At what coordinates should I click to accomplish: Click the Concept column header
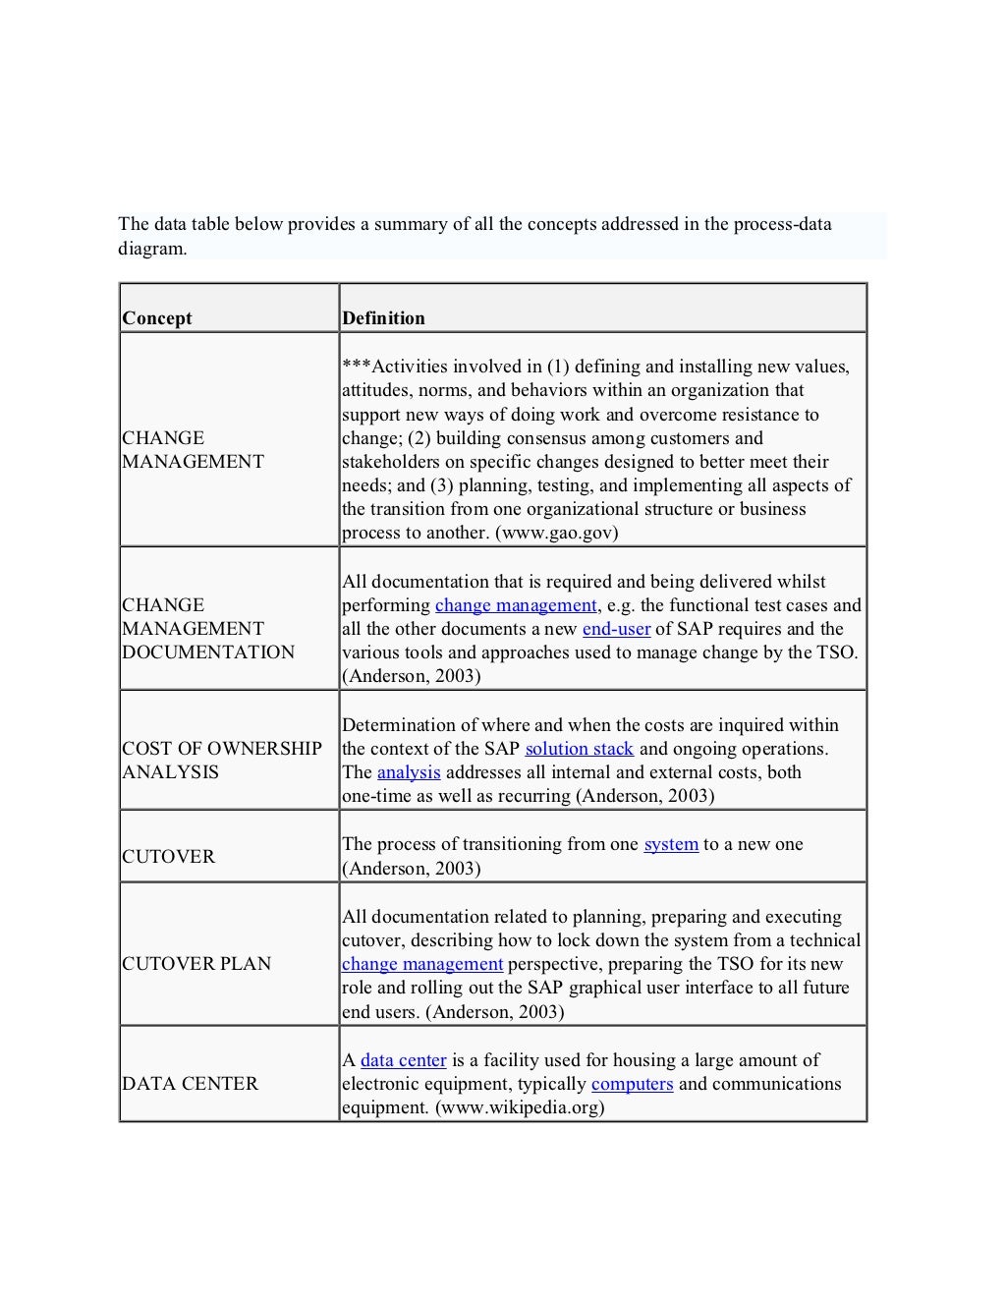tap(157, 318)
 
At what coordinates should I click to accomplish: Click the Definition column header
tap(383, 318)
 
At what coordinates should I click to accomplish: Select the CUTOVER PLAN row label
tap(196, 964)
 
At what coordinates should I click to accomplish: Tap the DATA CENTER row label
tap(190, 1084)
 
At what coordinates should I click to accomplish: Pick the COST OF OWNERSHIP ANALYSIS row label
tap(222, 761)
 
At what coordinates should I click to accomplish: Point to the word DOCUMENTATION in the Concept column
tap(208, 652)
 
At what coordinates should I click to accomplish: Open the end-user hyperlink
tap(616, 629)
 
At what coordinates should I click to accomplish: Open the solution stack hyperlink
tap(579, 749)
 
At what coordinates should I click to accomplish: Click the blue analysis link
tap(409, 772)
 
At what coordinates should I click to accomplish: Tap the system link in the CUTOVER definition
tap(671, 844)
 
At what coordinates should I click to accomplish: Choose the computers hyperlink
tap(632, 1084)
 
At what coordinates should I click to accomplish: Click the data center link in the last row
tap(403, 1060)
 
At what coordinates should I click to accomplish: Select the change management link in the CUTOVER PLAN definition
tap(422, 964)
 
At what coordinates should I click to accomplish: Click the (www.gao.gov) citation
tap(556, 533)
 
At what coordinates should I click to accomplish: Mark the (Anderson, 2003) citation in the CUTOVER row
tap(411, 869)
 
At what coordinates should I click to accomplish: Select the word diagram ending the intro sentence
tap(152, 249)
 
